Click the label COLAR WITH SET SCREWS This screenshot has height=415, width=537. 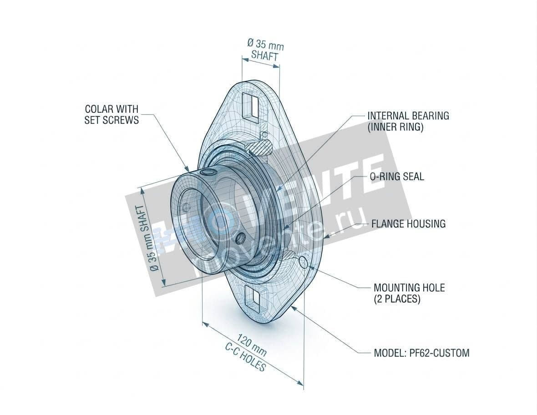[111, 115]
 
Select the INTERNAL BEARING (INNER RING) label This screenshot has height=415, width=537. [408, 121]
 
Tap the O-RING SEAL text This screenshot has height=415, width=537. [396, 177]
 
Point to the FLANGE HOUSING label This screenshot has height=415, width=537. [408, 224]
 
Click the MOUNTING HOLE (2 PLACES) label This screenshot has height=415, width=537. [409, 294]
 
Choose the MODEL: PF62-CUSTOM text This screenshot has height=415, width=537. [421, 353]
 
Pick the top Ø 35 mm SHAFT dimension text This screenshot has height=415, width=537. [265, 50]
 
